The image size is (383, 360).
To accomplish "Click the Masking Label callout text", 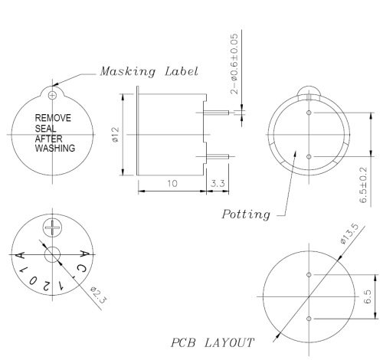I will click(x=149, y=71).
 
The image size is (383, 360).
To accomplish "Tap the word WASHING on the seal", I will click(x=56, y=149).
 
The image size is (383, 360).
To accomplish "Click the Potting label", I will click(x=245, y=214).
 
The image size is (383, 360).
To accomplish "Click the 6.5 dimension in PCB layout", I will click(x=366, y=296).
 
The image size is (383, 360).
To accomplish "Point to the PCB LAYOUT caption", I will click(x=213, y=342).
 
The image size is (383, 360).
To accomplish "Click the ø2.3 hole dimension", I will click(x=97, y=293).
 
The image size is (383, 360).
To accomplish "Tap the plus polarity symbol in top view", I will click(x=52, y=227).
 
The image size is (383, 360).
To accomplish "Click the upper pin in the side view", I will click(x=218, y=113).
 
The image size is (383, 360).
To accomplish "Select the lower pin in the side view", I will click(x=218, y=158).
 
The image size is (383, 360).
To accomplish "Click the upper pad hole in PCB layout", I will click(x=309, y=274).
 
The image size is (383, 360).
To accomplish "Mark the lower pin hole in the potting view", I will click(x=309, y=156).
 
